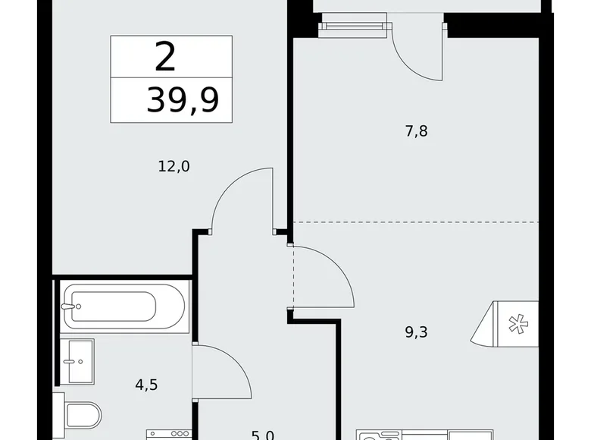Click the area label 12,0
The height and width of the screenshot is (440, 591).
[175, 166]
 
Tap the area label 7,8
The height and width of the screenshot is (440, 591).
[416, 130]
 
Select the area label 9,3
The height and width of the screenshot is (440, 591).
[416, 331]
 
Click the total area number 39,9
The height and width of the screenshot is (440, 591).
[183, 99]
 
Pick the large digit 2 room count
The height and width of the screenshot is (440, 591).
[164, 56]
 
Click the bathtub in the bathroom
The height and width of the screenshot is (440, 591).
[124, 306]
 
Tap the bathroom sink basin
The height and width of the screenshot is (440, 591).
[78, 361]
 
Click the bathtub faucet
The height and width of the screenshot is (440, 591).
[72, 307]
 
